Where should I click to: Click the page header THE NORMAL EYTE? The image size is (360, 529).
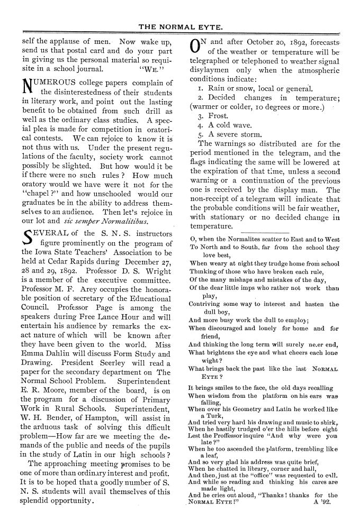pos(180,25)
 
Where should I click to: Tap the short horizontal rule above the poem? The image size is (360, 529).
pos(263,232)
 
